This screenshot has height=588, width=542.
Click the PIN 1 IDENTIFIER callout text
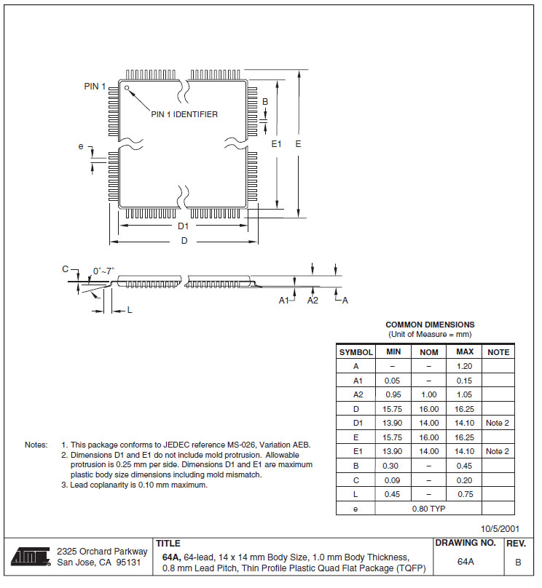(x=184, y=114)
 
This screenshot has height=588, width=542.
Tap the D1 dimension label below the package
(x=184, y=226)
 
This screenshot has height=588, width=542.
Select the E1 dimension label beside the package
(x=276, y=144)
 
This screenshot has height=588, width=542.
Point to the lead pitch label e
(x=81, y=147)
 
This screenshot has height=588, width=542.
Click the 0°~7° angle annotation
(x=103, y=271)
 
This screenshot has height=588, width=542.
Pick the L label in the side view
(x=130, y=310)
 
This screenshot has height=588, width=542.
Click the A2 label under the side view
(x=313, y=300)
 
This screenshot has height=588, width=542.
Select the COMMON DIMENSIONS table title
(x=430, y=325)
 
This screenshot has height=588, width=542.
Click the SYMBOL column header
(x=356, y=352)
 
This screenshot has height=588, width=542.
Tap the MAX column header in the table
(x=464, y=352)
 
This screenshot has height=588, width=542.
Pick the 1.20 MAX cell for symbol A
(x=464, y=366)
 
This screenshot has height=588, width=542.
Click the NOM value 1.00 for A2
(x=428, y=394)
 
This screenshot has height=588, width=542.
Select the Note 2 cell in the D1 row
(x=498, y=423)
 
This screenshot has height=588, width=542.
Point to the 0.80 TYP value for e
(x=428, y=508)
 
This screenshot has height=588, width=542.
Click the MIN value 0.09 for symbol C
(x=393, y=480)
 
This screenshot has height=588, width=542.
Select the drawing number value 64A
(x=466, y=562)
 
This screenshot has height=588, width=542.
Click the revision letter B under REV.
(x=518, y=562)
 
